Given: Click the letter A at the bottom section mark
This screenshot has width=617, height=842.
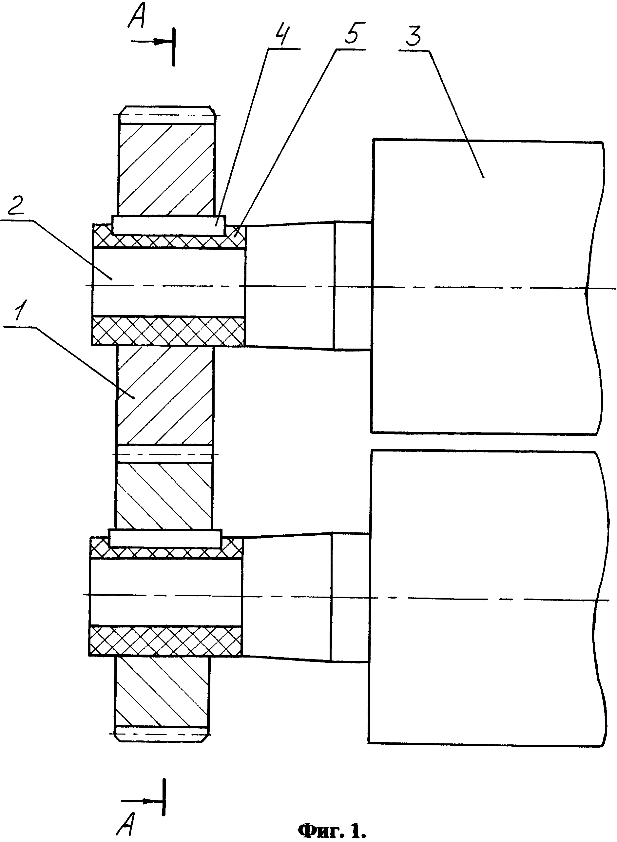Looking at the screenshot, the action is [126, 810].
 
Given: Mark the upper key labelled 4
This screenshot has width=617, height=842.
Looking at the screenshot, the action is [169, 225].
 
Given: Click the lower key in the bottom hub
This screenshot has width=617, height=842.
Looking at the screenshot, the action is [165, 538].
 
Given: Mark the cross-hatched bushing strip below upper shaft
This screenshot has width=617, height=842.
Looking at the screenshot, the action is [168, 331].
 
